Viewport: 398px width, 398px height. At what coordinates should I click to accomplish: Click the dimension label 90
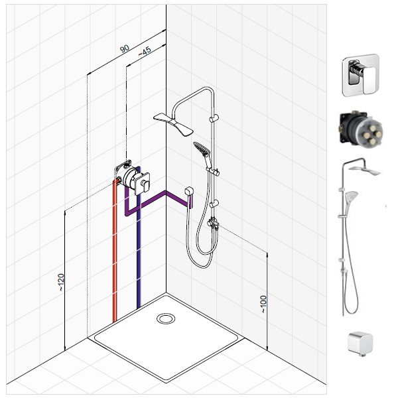(x=125, y=48)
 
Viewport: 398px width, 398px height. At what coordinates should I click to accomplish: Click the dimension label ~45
(x=145, y=51)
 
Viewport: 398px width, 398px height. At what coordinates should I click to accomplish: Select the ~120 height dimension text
(x=60, y=282)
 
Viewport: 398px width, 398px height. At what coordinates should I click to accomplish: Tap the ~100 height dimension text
(x=263, y=304)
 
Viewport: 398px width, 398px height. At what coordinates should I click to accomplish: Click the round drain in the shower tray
(x=166, y=318)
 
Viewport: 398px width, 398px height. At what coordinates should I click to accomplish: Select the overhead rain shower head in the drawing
(x=174, y=124)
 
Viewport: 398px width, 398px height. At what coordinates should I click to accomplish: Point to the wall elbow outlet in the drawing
(x=189, y=193)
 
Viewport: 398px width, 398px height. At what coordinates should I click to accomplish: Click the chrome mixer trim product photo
(x=361, y=75)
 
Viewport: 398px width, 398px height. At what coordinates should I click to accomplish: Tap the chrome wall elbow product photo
(x=360, y=342)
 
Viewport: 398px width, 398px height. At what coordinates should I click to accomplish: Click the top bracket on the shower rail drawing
(x=214, y=118)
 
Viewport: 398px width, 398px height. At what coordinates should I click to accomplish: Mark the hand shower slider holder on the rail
(x=215, y=172)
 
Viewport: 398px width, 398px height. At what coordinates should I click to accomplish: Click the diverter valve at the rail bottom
(x=213, y=224)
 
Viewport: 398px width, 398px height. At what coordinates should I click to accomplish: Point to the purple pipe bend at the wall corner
(x=166, y=193)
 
